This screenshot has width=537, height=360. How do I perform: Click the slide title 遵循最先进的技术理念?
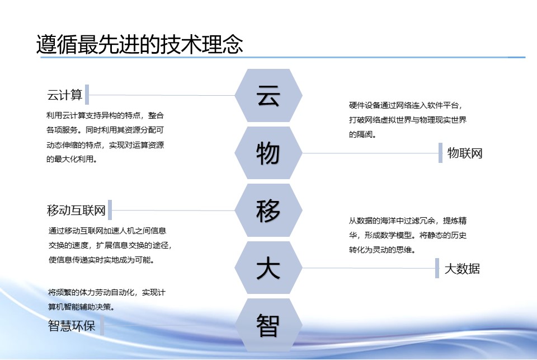click(x=140, y=44)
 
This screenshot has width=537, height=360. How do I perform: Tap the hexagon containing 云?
click(x=268, y=95)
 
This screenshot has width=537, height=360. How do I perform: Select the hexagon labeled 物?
click(x=268, y=153)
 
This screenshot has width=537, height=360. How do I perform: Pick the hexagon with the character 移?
click(x=268, y=210)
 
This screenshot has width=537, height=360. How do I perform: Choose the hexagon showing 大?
click(x=268, y=268)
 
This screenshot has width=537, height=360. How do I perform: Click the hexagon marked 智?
click(x=268, y=325)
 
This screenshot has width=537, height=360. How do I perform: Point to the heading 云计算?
click(x=65, y=95)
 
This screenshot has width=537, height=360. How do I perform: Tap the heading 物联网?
click(x=465, y=153)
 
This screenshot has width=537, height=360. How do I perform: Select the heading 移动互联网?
click(x=76, y=210)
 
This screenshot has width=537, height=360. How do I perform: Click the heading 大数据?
click(x=462, y=268)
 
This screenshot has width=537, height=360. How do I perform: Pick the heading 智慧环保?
click(x=72, y=325)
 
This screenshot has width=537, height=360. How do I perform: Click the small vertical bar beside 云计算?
click(x=87, y=94)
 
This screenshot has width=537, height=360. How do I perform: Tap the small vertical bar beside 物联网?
click(x=440, y=153)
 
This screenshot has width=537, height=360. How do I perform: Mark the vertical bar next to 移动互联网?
click(x=110, y=210)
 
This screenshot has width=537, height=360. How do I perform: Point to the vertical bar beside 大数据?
click(x=437, y=268)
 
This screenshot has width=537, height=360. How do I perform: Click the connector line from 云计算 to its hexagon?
click(x=162, y=95)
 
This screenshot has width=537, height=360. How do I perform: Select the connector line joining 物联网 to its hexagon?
click(x=370, y=153)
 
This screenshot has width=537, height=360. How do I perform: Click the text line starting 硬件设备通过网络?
click(x=406, y=105)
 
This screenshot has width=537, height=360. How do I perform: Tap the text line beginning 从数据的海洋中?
click(x=408, y=221)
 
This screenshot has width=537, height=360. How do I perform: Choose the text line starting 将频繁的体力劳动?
click(x=106, y=292)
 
